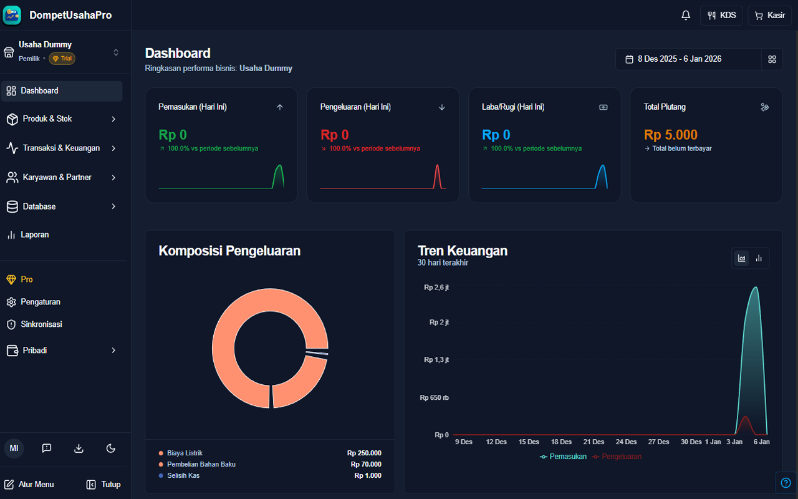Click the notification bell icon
point(686,16)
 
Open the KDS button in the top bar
point(721,16)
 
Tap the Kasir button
point(769,16)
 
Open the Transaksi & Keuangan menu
point(61,148)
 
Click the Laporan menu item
point(34,235)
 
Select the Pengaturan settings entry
point(40,302)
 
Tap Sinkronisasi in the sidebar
point(41,324)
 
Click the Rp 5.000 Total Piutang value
point(670,135)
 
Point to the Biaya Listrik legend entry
point(185,453)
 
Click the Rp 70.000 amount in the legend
point(365,464)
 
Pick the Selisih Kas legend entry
point(183,475)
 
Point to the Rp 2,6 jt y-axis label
point(436,288)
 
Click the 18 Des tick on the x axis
point(561,442)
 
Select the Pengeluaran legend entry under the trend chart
point(621,457)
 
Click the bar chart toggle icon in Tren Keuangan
point(759,258)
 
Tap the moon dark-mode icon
point(111,448)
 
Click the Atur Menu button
point(29,484)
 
